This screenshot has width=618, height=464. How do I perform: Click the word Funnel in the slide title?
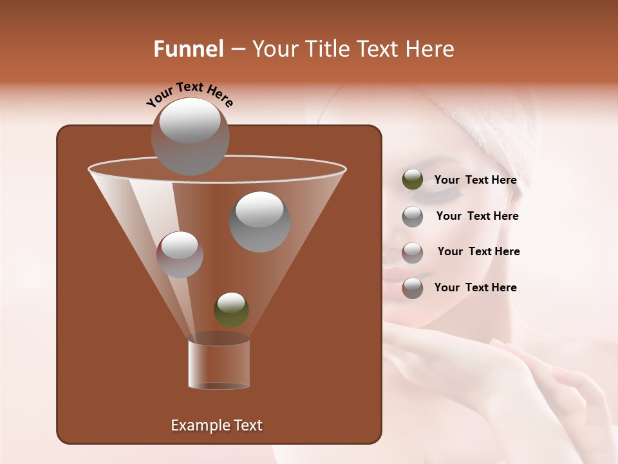[188, 49]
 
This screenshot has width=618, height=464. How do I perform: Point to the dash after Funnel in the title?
[237, 50]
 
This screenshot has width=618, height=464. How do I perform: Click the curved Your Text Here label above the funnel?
[190, 95]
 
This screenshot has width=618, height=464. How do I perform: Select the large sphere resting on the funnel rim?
[190, 137]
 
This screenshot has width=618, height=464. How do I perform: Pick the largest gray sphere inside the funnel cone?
[259, 222]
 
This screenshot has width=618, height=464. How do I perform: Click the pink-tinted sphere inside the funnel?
[180, 255]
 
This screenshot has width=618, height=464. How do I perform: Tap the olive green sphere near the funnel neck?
[231, 310]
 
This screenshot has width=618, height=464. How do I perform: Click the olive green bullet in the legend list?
[412, 180]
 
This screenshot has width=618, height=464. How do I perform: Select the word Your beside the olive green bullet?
[446, 180]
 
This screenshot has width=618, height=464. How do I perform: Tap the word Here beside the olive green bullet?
[504, 180]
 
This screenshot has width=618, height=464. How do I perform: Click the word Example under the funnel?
[200, 425]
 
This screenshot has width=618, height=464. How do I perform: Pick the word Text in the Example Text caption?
[247, 425]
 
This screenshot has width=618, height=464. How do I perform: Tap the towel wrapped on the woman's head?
[489, 122]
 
